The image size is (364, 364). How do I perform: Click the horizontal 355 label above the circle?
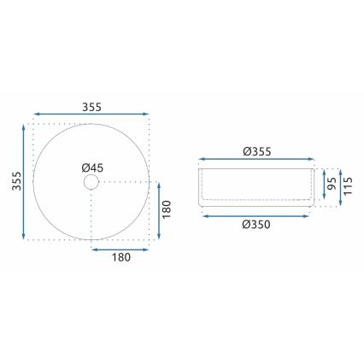[92, 107]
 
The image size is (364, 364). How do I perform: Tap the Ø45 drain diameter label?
[92, 167]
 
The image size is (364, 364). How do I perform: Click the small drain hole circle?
[91, 182]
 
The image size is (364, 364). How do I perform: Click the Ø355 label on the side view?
[256, 151]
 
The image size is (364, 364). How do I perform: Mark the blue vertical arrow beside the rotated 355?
[23, 181]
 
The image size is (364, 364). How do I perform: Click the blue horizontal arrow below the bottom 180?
[120, 251]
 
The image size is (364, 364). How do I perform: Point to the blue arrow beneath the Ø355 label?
[256, 160]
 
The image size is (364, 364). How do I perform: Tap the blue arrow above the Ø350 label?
[256, 214]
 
